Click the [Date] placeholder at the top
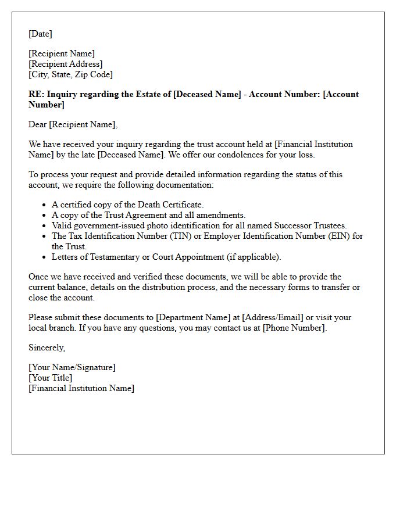40,34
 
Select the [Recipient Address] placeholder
66,64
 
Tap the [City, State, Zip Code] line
70,74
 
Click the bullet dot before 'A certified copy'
44,205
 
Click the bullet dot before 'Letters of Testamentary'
44,257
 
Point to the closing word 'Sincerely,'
47,348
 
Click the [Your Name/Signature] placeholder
72,367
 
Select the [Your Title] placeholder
51,378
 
